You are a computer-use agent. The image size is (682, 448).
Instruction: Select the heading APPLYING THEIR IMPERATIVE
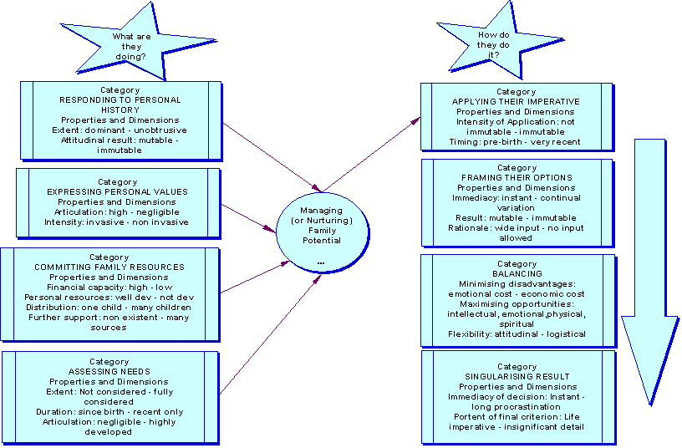tap(516, 102)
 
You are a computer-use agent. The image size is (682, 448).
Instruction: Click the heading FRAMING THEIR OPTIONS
tap(516, 178)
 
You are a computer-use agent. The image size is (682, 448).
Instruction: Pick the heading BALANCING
tap(517, 273)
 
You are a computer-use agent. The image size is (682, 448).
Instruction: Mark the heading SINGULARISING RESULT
tap(517, 377)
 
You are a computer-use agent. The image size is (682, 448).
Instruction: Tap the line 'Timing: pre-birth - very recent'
tap(517, 142)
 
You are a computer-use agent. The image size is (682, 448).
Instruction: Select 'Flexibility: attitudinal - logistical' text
tap(517, 333)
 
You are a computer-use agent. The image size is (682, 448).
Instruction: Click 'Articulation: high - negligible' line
tap(118, 212)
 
